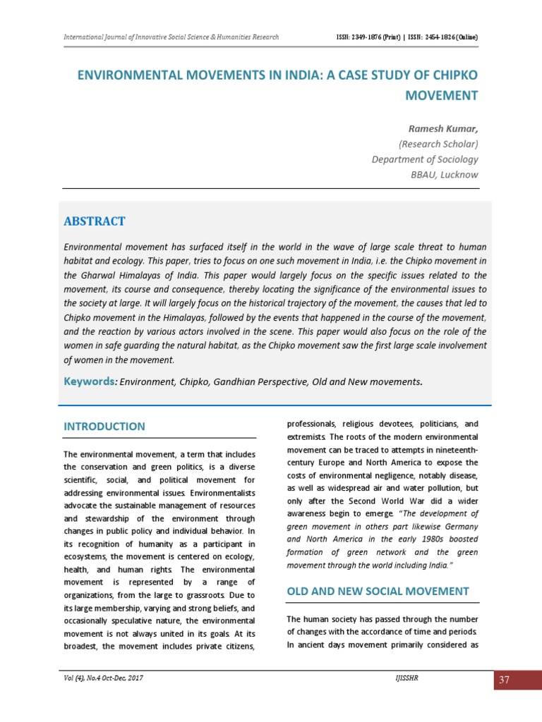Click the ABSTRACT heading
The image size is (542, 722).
[95, 221]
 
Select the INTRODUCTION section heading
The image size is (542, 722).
[104, 427]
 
